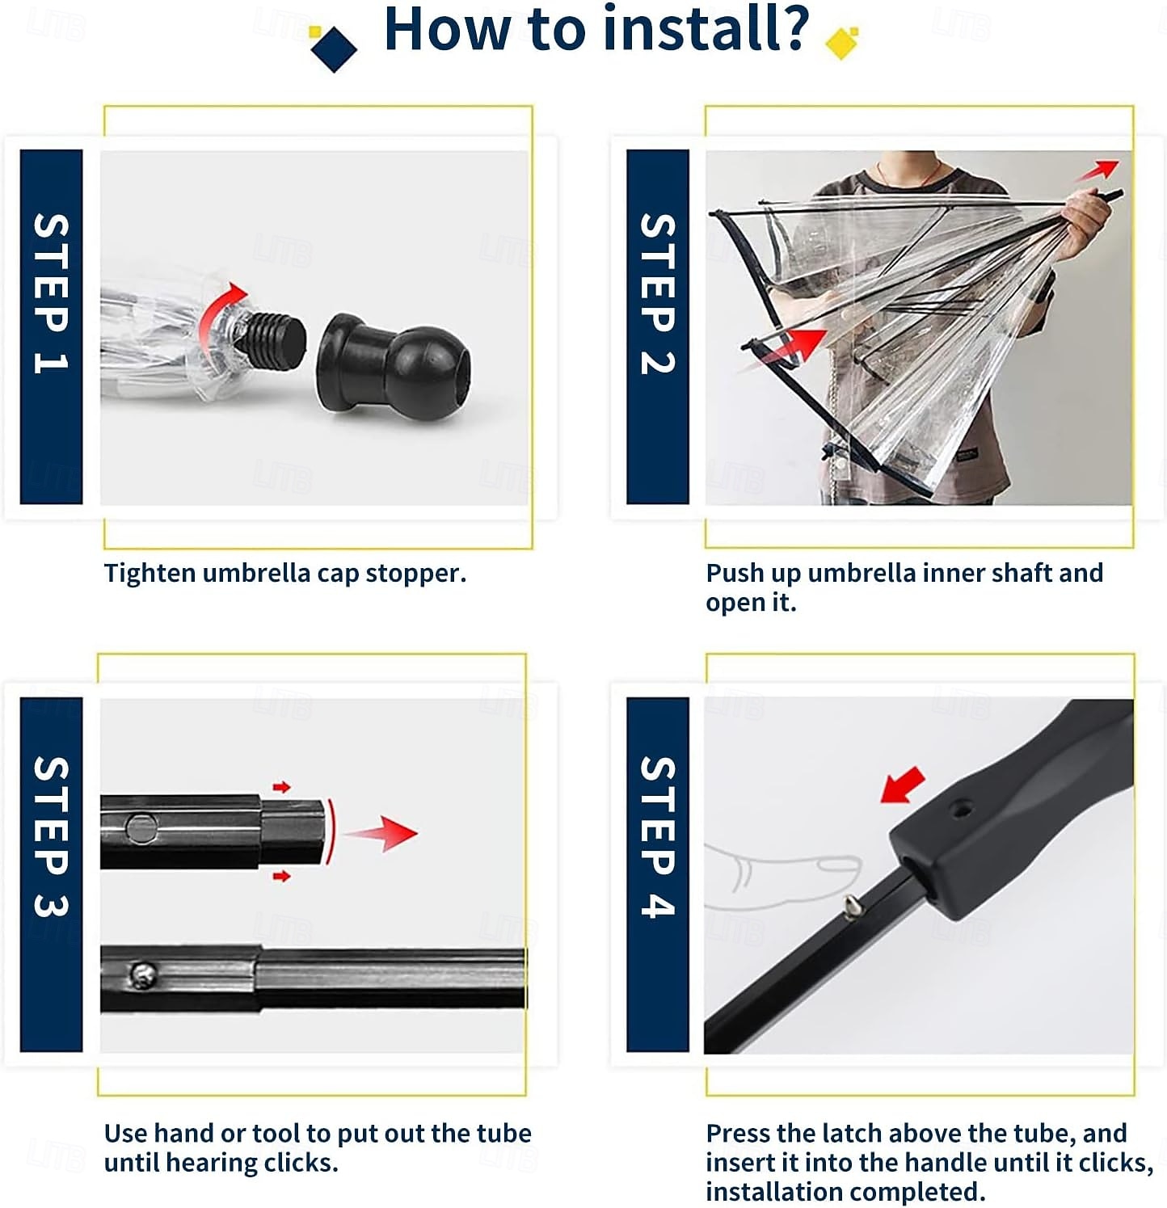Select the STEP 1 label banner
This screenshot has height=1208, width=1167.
click(51, 326)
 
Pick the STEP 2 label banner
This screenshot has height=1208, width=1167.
click(658, 326)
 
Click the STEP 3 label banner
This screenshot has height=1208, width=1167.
click(51, 874)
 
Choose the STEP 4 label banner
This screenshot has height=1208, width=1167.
click(658, 874)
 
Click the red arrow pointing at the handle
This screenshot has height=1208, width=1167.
click(903, 785)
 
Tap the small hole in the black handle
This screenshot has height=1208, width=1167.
click(961, 808)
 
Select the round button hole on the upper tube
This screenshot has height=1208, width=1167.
click(141, 827)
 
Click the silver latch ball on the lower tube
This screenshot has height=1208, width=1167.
click(142, 975)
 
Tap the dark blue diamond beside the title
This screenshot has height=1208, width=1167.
click(334, 48)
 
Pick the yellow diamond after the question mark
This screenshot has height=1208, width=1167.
click(841, 43)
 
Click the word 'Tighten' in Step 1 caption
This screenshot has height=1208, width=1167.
click(150, 574)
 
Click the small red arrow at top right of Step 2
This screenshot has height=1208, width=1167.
click(1097, 170)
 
